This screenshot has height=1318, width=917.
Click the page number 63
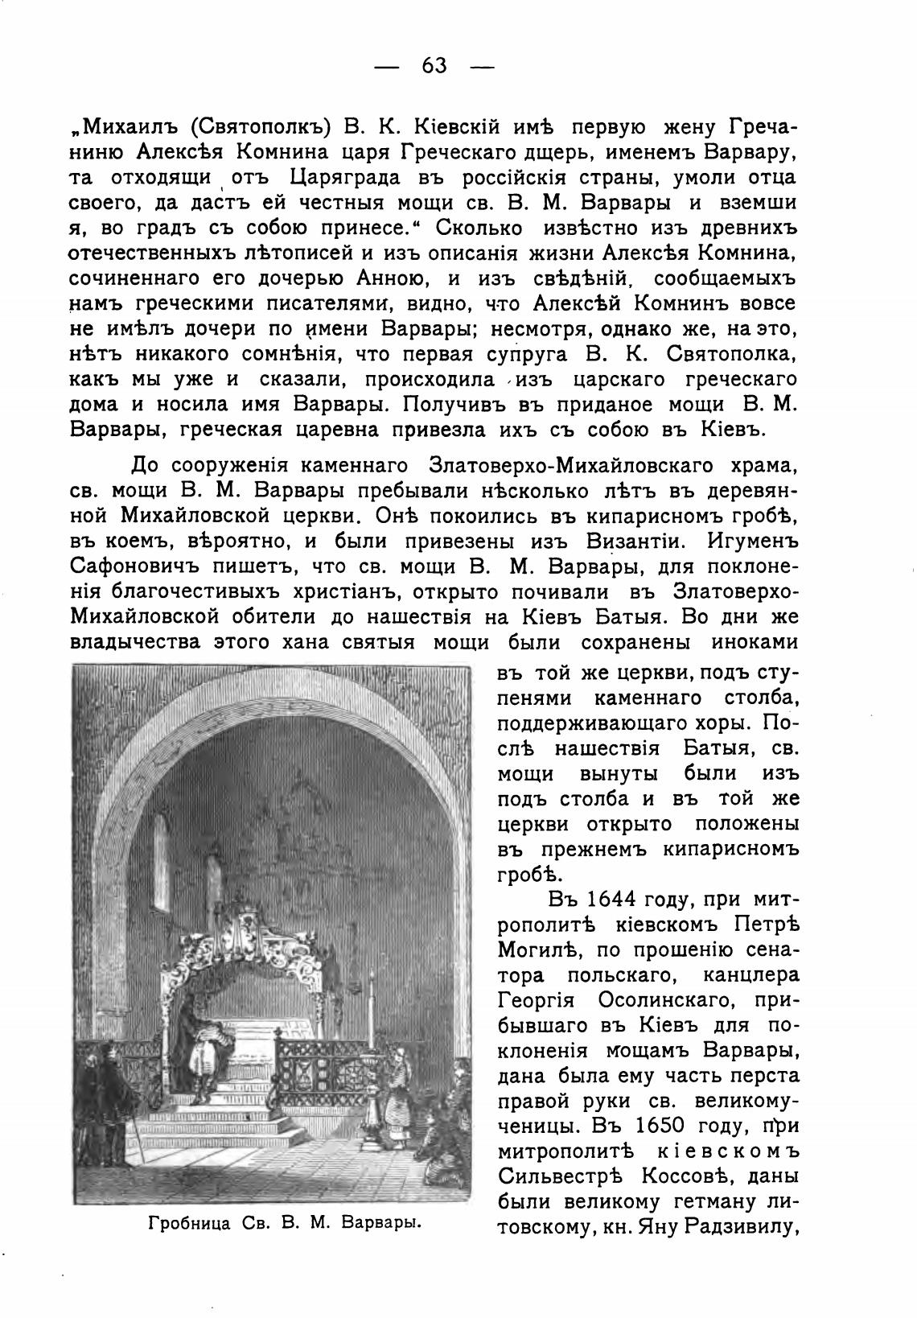click(434, 65)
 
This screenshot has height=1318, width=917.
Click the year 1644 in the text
click(616, 898)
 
